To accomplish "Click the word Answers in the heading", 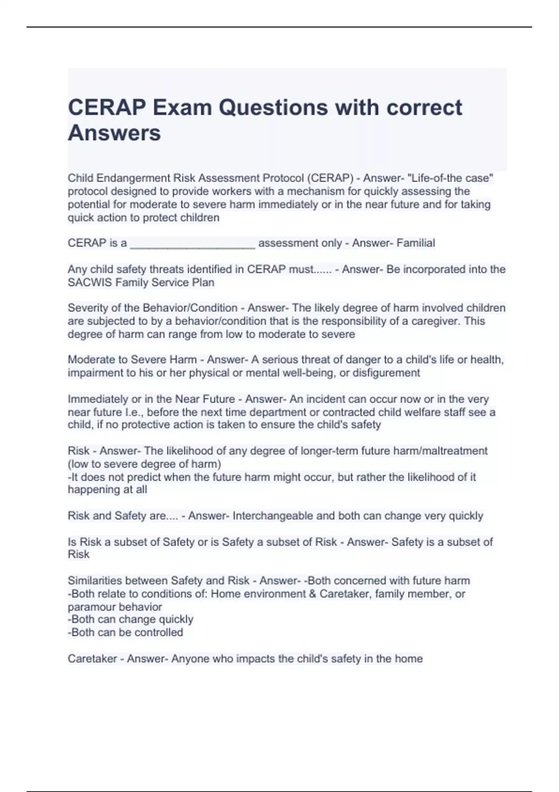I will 114,133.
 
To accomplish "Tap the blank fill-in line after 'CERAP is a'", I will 192,243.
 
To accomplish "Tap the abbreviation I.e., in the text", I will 134,412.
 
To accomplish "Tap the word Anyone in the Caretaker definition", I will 189,659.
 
